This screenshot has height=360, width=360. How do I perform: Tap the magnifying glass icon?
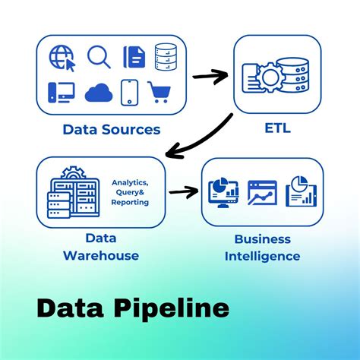click(x=99, y=57)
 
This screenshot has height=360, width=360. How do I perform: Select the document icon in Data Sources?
click(x=134, y=57)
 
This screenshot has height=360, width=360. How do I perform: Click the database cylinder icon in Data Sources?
click(x=166, y=56)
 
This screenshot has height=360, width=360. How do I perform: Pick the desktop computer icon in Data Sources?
click(x=60, y=92)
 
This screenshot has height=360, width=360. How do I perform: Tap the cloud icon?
click(x=99, y=93)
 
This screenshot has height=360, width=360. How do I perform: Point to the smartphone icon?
click(x=131, y=92)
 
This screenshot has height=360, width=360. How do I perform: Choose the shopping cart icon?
click(x=161, y=92)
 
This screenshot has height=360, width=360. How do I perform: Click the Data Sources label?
click(x=111, y=129)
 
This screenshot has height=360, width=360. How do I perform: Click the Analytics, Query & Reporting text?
click(x=130, y=192)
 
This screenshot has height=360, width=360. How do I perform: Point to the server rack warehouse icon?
click(x=72, y=195)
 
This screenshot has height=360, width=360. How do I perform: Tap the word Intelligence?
click(x=262, y=256)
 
